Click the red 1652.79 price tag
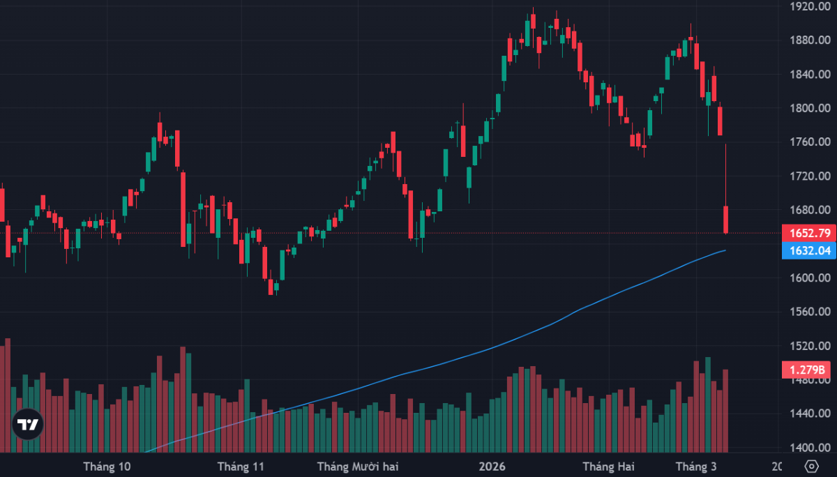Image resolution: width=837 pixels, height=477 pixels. tap(808, 233)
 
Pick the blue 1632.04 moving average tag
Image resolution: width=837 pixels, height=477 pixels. tap(808, 251)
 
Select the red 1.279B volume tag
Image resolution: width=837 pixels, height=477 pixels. tap(808, 370)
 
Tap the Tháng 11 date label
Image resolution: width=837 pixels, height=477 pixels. tap(241, 466)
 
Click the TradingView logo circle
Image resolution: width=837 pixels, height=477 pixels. tap(28, 424)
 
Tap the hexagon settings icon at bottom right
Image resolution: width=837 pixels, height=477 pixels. tap(811, 466)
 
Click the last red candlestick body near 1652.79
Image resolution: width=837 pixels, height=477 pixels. tap(726, 219)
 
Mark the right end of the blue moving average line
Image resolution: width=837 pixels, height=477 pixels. tap(726, 250)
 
